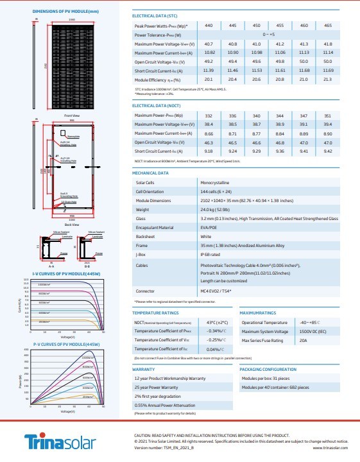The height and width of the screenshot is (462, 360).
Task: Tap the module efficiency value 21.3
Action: tap(328, 78)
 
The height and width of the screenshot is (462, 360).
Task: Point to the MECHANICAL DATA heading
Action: tap(150, 173)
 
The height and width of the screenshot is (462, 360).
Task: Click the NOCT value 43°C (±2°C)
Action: tap(213, 322)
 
